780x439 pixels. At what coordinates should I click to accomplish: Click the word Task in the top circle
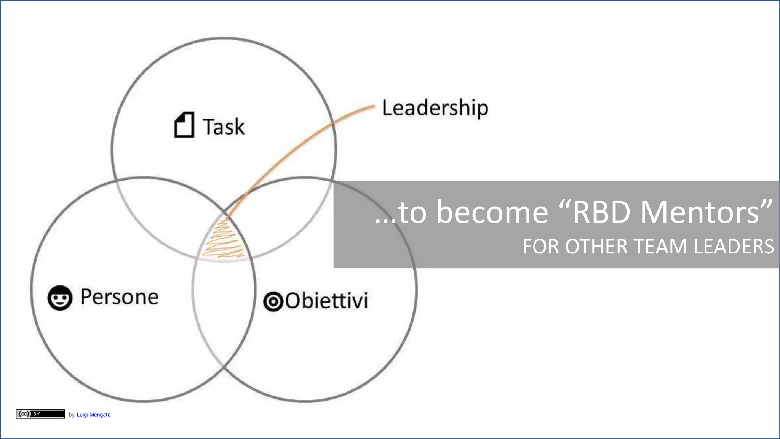224,127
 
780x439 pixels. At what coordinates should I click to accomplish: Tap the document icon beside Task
184,125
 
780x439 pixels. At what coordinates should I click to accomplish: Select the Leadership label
435,108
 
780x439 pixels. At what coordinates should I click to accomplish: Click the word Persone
120,297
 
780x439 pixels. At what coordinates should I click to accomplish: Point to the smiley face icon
60,298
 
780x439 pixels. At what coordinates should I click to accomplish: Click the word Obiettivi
326,301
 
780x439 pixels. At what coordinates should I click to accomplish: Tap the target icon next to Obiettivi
273,301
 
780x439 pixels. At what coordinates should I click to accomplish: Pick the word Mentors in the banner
700,212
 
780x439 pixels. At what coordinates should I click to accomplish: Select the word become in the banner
492,212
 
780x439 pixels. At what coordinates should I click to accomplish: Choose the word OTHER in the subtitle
595,247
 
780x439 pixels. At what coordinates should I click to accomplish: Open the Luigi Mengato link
94,415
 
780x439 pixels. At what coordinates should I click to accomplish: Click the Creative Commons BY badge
40,414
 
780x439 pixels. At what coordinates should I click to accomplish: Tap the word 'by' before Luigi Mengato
72,415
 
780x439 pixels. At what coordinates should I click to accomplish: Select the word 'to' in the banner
412,212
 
